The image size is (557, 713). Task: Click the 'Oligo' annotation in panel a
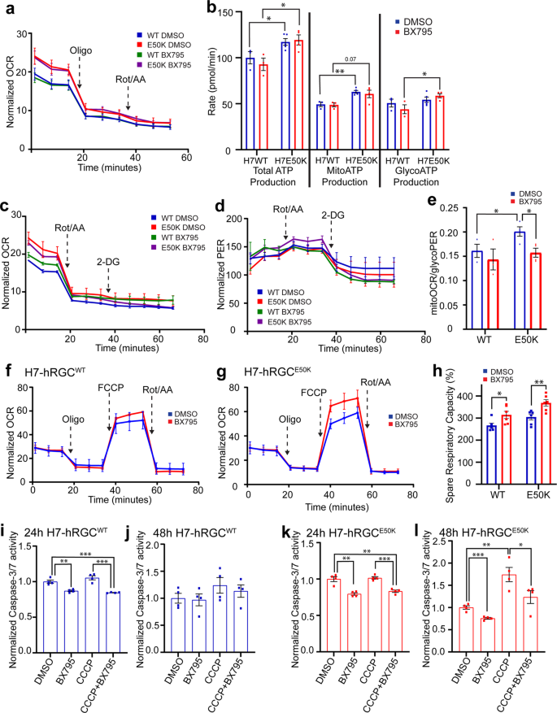pyautogui.click(x=80, y=48)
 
